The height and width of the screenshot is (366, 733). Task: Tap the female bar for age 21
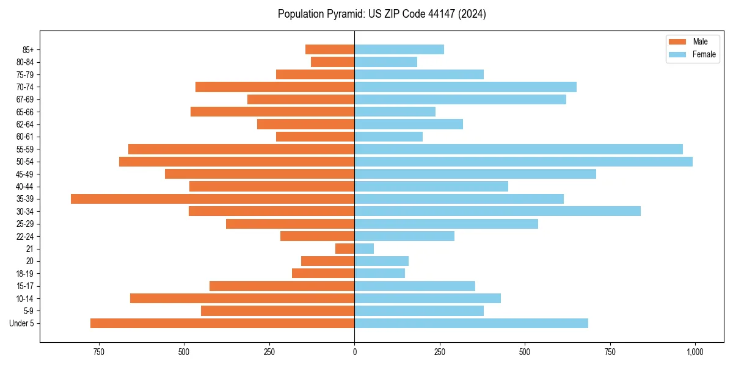364,249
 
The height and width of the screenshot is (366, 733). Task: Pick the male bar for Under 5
222,323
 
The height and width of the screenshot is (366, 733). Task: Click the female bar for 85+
399,49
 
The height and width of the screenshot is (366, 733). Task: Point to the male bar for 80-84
332,62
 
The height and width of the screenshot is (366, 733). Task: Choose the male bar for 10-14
242,298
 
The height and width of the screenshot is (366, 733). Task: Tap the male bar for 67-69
301,99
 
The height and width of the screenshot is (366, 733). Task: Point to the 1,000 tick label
695,352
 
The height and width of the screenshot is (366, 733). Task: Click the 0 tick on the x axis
354,352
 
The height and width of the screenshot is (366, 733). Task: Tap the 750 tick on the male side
99,352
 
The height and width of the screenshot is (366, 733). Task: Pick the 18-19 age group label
26,274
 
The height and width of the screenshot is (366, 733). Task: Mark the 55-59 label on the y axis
26,149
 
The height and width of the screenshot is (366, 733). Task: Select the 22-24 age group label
26,237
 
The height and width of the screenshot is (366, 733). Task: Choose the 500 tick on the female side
524,352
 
